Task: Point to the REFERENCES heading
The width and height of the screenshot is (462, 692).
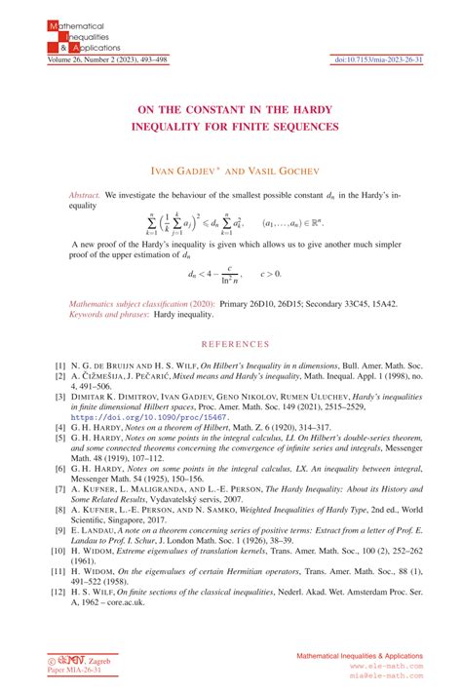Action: [x=232, y=344]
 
